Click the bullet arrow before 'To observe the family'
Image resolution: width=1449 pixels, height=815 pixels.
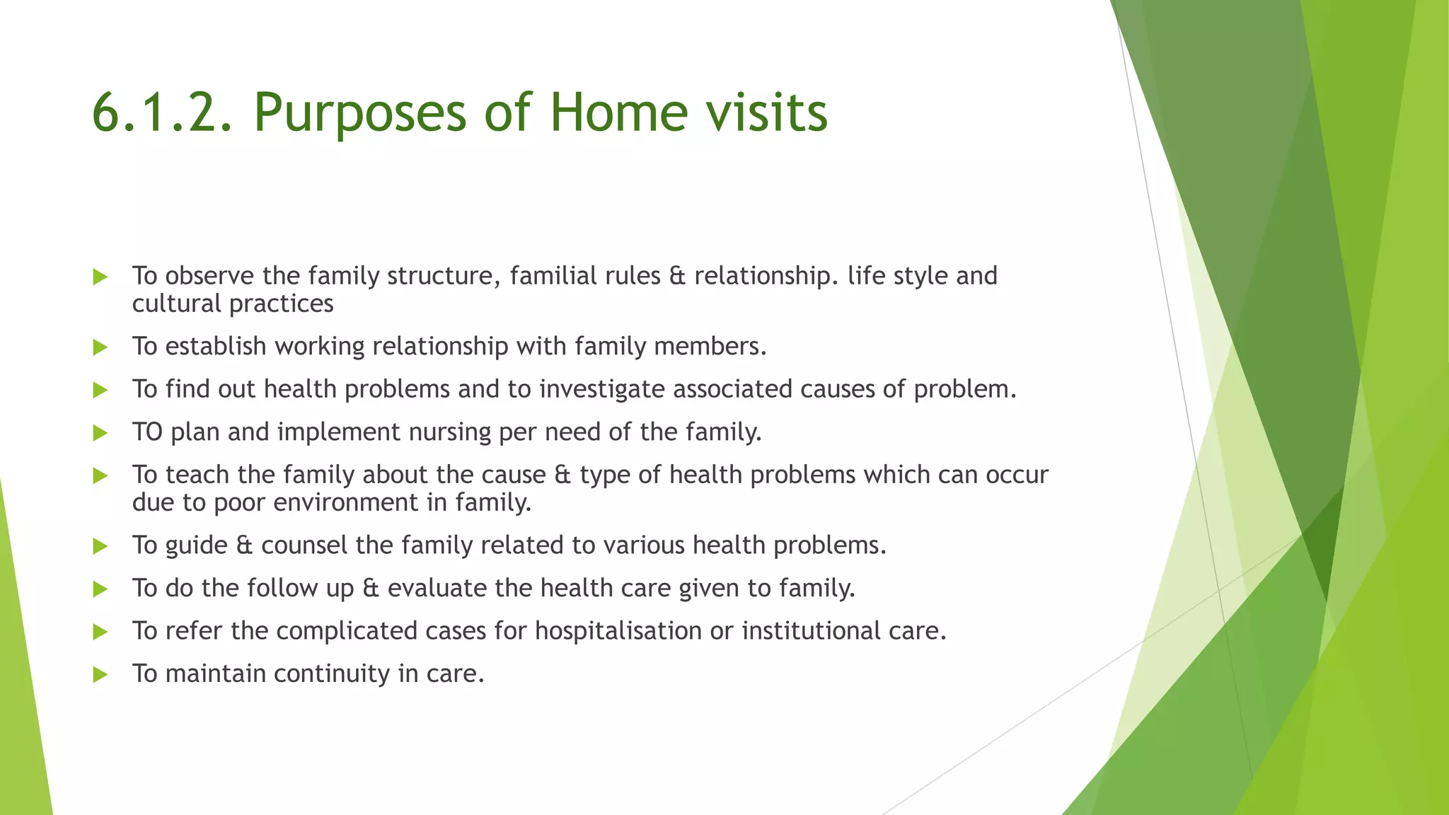100,277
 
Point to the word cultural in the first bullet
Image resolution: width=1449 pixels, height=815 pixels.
177,304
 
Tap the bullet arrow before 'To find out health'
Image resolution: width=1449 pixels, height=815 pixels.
100,390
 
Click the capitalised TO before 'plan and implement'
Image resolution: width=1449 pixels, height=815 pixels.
147,432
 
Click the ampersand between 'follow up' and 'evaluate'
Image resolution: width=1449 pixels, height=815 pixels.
371,589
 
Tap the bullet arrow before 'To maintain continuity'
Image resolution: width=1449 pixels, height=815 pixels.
100,674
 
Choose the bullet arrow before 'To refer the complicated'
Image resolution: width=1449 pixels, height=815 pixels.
100,632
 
